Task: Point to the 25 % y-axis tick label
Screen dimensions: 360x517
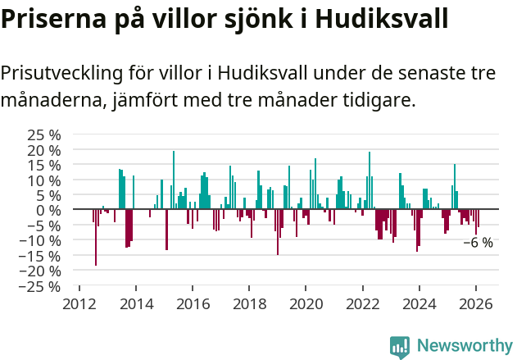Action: [44, 134]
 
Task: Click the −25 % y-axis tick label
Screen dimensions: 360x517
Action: [41, 287]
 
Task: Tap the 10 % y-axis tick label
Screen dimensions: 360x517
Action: [44, 180]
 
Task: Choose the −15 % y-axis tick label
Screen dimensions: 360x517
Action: [41, 257]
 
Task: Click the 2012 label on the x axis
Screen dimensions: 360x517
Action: [79, 305]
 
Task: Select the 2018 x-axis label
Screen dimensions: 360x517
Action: [249, 305]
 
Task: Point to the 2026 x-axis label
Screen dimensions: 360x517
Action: [476, 305]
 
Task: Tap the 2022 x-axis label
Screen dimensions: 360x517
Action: [363, 305]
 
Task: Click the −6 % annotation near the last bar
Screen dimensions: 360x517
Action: [478, 243]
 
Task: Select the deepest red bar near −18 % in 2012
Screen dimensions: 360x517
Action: [96, 238]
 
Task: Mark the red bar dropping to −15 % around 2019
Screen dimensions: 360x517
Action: [278, 232]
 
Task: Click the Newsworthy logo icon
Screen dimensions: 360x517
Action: [400, 347]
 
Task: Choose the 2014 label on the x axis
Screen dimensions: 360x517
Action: [136, 305]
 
